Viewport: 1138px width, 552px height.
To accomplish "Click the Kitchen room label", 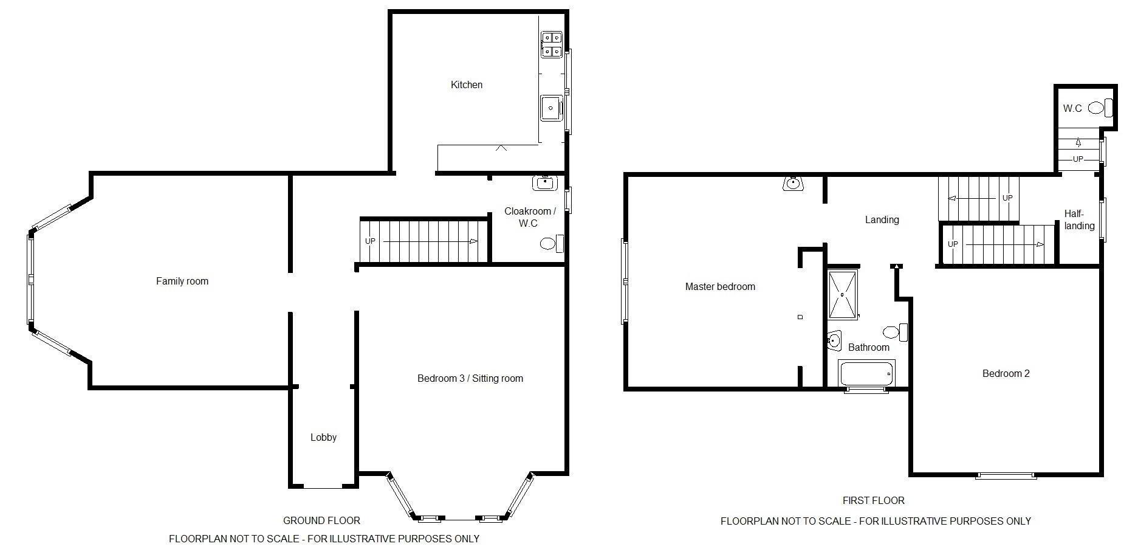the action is (467, 85).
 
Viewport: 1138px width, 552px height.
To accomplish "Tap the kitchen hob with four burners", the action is (552, 45).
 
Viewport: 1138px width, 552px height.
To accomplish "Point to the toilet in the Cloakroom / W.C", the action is (552, 244).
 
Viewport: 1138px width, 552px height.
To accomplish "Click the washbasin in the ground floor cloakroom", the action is (546, 182).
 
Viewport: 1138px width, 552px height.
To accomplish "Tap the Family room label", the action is (182, 281).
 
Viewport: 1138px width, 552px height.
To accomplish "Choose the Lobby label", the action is (323, 437).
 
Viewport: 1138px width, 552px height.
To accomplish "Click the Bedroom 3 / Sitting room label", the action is (470, 379).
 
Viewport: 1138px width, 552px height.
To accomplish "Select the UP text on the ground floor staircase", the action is (370, 241).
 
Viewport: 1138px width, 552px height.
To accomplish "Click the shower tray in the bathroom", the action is (843, 294).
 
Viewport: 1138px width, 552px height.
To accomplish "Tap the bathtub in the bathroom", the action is (867, 373).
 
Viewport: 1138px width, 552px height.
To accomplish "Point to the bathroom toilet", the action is (895, 333).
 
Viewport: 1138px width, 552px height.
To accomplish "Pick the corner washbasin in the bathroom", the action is (834, 340).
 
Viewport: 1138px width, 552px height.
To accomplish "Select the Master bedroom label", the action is (720, 287).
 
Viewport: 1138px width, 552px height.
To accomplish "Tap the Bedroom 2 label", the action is (1006, 374).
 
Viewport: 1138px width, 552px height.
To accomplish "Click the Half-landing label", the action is (1080, 219).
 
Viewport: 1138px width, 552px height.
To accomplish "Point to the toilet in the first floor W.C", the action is (1100, 108).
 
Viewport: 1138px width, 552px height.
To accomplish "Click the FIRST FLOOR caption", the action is (873, 501).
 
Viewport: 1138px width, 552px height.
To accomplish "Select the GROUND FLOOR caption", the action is (321, 521).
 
